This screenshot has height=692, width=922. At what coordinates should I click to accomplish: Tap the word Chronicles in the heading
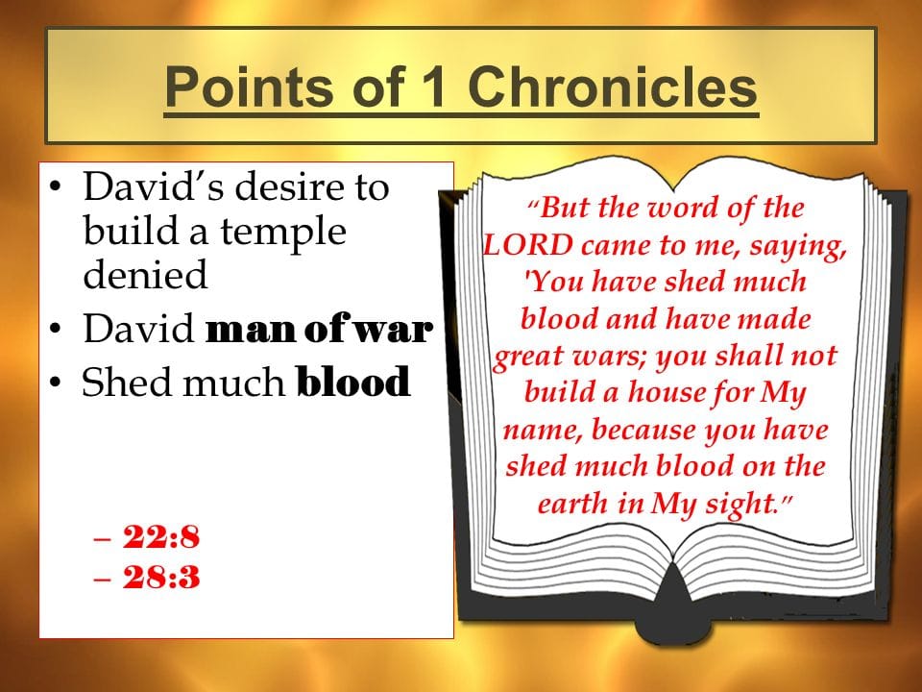coord(612,86)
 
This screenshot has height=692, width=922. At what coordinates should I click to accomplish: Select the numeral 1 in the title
coord(433,86)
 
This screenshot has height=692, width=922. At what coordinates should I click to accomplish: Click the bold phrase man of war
coord(319,329)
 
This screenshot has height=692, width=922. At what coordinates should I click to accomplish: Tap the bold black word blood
coord(352,382)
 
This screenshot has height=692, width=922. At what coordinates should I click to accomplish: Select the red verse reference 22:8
coord(161,536)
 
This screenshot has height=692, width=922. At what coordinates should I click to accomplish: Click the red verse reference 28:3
coord(161,577)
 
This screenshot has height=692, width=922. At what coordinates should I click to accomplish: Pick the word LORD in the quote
coord(527,245)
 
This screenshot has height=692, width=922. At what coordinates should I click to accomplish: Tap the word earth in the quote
coord(572,503)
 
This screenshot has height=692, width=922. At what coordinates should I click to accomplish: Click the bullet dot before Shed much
coord(56,383)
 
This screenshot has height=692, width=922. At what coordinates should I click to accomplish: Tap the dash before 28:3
coord(102,578)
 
